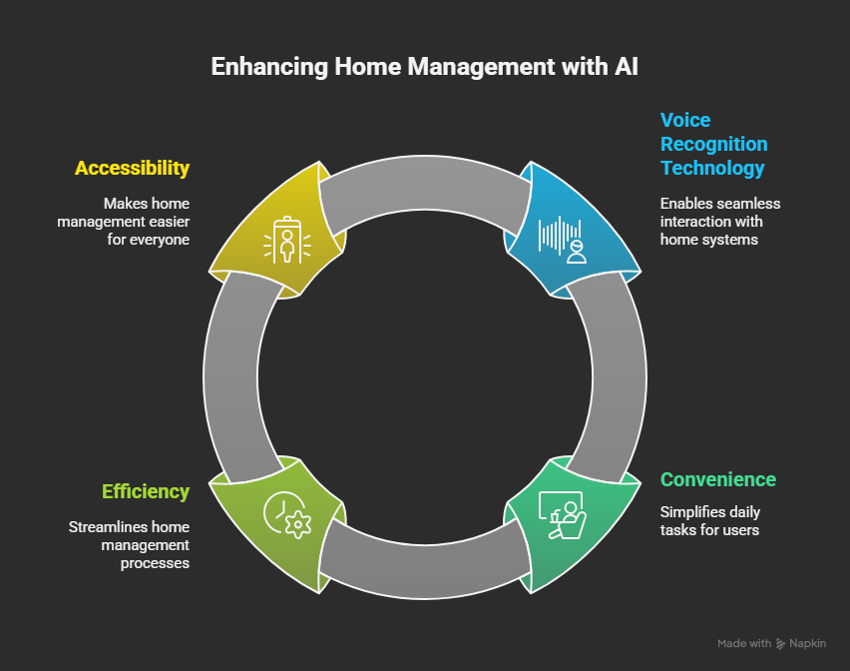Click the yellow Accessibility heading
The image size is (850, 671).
click(132, 168)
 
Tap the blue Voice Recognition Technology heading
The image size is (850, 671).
click(713, 144)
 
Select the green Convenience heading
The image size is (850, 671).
click(717, 479)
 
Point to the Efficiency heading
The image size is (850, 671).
click(146, 491)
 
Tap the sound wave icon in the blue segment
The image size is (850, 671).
click(561, 238)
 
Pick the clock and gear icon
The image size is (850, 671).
click(287, 515)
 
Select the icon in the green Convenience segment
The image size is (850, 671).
click(561, 515)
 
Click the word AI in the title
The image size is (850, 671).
click(626, 68)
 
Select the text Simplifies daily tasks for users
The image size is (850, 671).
click(709, 521)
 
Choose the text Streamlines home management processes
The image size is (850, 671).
click(129, 545)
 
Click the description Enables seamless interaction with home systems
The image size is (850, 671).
click(719, 222)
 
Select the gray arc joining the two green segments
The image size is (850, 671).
click(424, 565)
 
